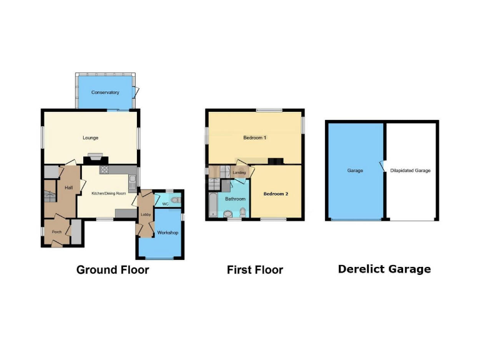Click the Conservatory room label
pos(105,92)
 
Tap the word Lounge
pos(91,137)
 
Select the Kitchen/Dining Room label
pos(109,194)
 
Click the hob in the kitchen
pos(104,169)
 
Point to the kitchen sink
pos(133,182)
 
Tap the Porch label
pos(57,231)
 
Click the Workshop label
pos(168,233)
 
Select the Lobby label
pos(146,215)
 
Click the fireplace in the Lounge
pos(94,158)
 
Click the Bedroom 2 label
pos(276,194)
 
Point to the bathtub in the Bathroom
pos(212,205)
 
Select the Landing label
pos(238,172)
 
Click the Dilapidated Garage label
pos(411,170)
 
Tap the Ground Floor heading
pos(112,270)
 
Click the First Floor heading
pos(254,270)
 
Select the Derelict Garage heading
pos(384,269)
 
